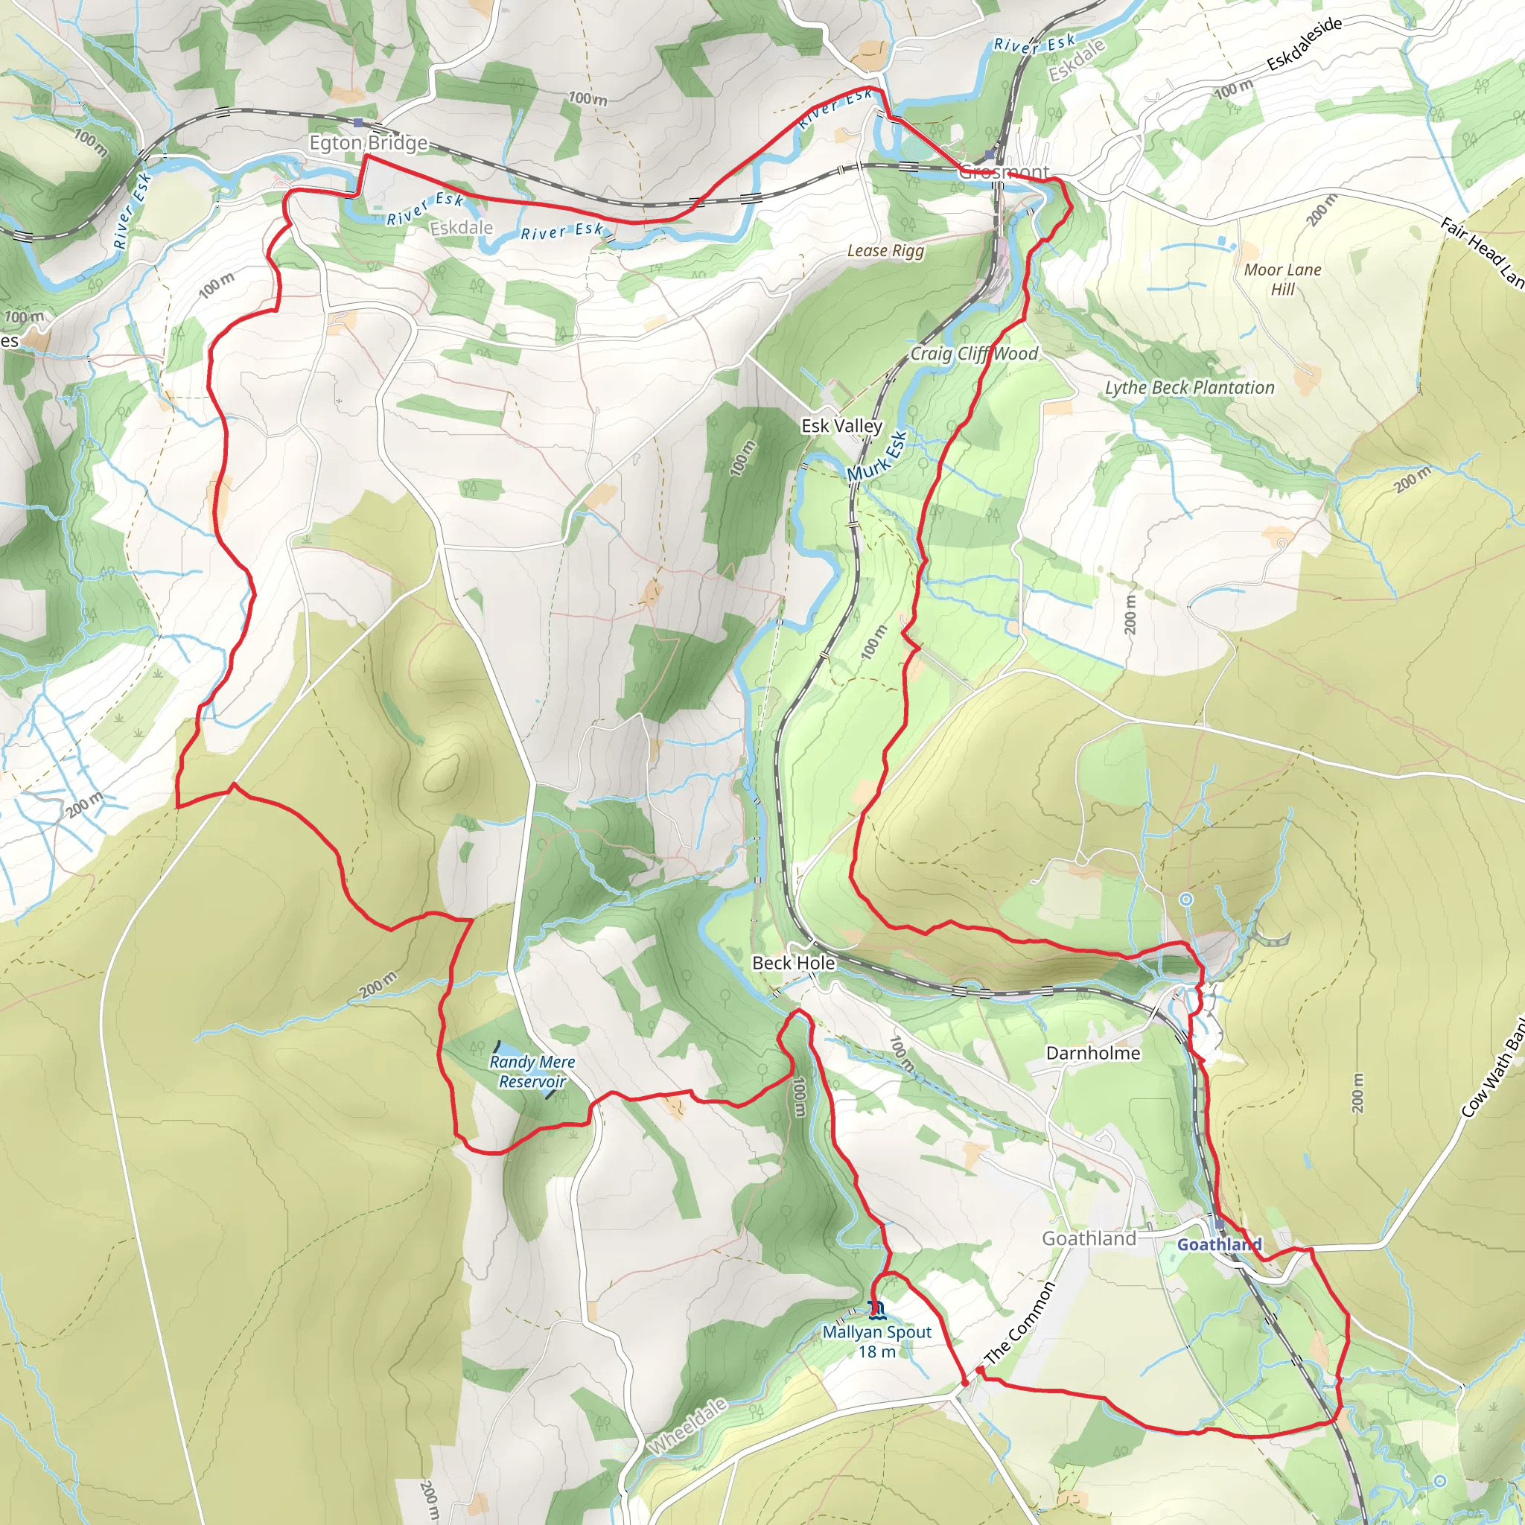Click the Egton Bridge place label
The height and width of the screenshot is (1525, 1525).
click(368, 143)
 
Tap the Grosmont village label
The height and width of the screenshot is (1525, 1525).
click(1003, 171)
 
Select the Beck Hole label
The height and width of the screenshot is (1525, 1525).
click(793, 963)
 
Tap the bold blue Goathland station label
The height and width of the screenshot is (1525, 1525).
click(1220, 1245)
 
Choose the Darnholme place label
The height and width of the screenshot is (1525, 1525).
click(1092, 1053)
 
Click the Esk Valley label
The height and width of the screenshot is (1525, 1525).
click(841, 425)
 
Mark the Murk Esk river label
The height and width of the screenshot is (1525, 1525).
click(877, 456)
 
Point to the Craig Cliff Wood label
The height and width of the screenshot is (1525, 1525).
click(974, 354)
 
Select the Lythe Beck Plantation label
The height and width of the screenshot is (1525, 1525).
click(1188, 387)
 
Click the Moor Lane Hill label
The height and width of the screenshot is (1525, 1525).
click(1282, 279)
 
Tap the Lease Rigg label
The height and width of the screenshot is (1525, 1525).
click(885, 250)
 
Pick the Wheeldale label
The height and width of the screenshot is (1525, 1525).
click(687, 1426)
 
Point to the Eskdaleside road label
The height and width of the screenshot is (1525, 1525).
click(1304, 44)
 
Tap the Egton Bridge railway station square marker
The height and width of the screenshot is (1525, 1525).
click(358, 122)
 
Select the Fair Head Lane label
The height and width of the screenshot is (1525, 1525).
click(1482, 252)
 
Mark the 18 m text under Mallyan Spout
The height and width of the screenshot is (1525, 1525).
click(877, 1352)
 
